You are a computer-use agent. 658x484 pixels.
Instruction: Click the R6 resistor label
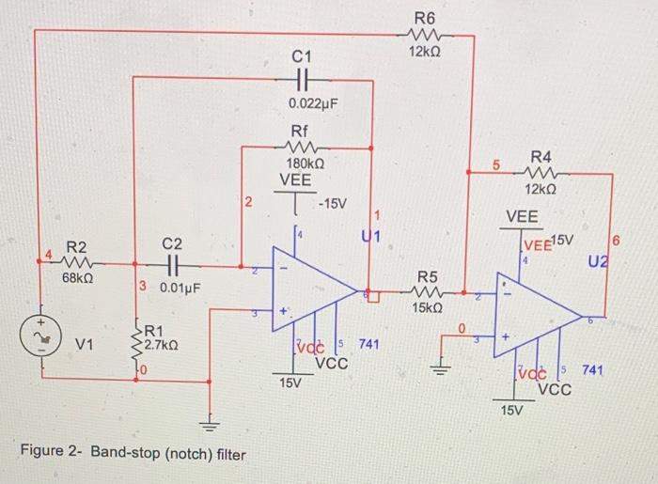click(425, 16)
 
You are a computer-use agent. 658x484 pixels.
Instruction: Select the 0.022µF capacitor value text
click(313, 101)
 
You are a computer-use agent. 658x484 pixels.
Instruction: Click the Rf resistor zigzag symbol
click(302, 146)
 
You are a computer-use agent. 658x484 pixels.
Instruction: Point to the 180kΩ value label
click(305, 163)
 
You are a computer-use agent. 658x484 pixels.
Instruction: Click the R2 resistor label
click(75, 247)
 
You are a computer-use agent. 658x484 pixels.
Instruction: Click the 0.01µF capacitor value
click(182, 287)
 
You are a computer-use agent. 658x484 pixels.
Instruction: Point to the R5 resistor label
click(427, 276)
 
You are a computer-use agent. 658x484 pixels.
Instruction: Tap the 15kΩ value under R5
click(427, 307)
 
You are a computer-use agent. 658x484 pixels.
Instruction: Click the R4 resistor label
click(541, 156)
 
